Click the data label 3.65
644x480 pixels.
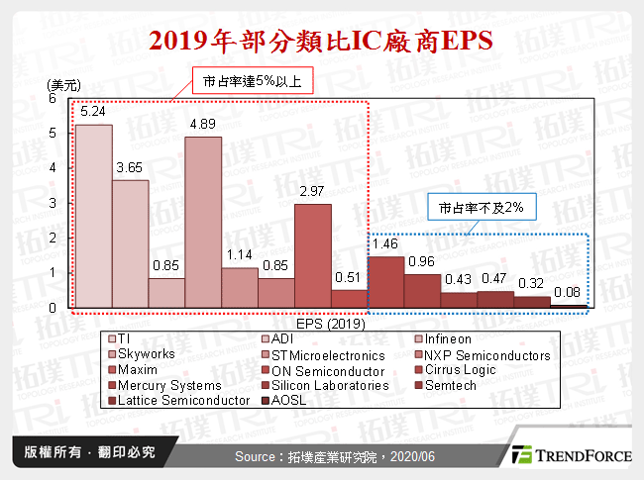pyautogui.click(x=130, y=169)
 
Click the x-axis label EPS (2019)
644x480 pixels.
pyautogui.click(x=330, y=323)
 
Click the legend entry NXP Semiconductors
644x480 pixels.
pyautogui.click(x=480, y=355)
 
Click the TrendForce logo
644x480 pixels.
pyautogui.click(x=570, y=455)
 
